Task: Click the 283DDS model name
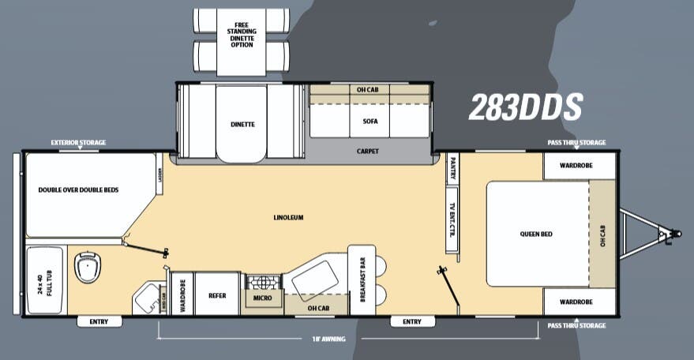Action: [x=525, y=107]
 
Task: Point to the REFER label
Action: [x=217, y=296]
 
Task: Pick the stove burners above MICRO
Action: [x=262, y=283]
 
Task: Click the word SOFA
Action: [x=370, y=122]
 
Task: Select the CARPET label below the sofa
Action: [x=369, y=151]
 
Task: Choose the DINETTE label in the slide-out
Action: [x=243, y=124]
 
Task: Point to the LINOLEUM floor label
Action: [x=288, y=217]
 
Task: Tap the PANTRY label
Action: [x=452, y=169]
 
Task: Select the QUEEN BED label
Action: [x=535, y=234]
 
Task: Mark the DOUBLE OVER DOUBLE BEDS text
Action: [x=78, y=190]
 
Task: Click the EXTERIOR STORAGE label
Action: [x=78, y=143]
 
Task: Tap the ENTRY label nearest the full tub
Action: [x=99, y=321]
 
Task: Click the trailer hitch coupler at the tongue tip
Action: [x=675, y=234]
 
